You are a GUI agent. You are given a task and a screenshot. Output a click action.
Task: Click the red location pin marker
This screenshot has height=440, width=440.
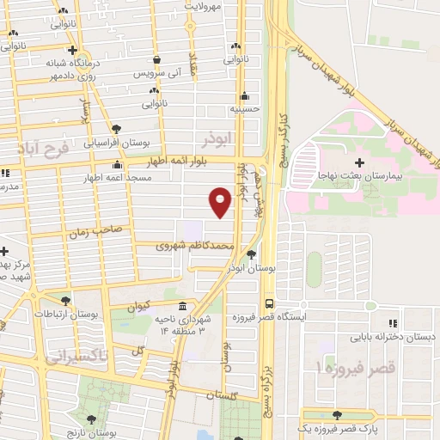(221, 202)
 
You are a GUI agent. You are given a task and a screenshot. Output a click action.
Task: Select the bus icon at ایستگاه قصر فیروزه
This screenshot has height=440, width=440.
(270, 303)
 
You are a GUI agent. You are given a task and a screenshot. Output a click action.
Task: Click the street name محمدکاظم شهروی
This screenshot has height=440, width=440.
(194, 246)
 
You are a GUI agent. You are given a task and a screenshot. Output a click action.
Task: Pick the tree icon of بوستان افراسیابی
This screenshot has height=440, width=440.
(116, 129)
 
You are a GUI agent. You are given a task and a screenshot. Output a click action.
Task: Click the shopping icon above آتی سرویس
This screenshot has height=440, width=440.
(156, 59)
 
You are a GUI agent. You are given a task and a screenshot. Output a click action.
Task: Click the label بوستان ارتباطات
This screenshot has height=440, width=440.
(66, 315)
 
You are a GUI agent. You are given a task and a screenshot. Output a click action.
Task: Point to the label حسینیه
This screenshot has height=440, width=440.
(245, 109)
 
